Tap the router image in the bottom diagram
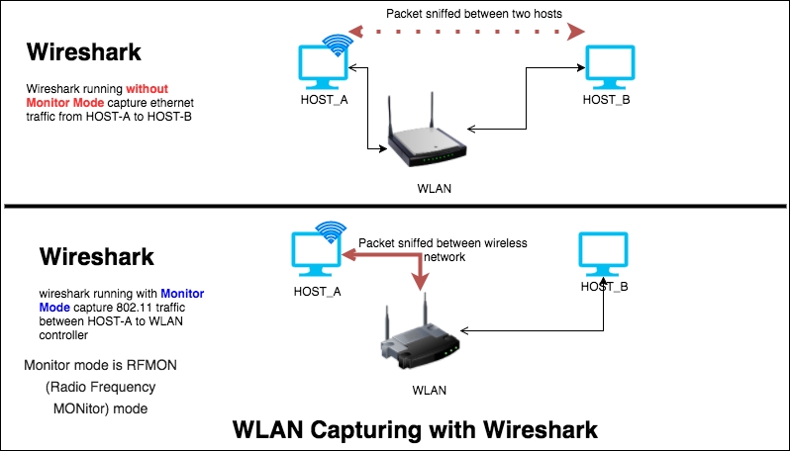(x=420, y=337)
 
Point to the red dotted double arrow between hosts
(x=465, y=34)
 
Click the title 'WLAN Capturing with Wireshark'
(x=415, y=430)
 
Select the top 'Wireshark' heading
(x=84, y=52)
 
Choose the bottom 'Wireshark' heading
(x=97, y=257)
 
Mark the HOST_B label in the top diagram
(x=606, y=100)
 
